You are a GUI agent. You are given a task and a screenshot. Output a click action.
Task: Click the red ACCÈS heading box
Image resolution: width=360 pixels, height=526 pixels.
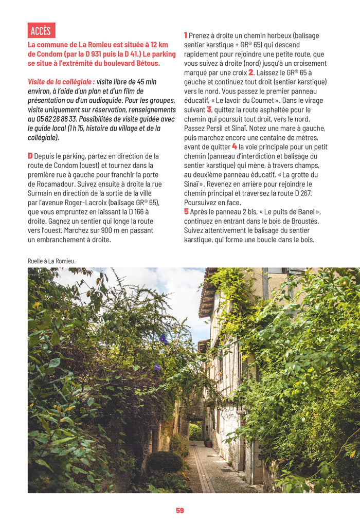(x=41, y=30)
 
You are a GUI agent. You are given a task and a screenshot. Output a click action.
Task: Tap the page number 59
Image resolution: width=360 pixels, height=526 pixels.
(x=180, y=511)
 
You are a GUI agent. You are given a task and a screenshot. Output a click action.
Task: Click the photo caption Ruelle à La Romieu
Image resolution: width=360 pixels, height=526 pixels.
(x=51, y=261)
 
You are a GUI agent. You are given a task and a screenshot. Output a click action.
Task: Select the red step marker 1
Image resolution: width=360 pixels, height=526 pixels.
(x=186, y=35)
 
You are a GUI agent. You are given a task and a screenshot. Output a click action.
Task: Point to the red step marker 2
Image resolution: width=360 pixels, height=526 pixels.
(x=251, y=72)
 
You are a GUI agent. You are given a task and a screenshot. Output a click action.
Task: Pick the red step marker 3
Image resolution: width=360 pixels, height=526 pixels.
(x=209, y=110)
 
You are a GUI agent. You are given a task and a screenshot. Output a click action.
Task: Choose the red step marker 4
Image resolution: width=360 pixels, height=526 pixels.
(x=235, y=147)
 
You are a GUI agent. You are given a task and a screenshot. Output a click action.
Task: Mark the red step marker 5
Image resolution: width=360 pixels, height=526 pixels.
(x=186, y=211)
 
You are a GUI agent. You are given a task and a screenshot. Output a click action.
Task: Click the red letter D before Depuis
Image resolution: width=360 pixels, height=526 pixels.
(x=30, y=156)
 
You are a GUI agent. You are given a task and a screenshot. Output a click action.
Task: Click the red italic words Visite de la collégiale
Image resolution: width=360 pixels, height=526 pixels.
(x=61, y=82)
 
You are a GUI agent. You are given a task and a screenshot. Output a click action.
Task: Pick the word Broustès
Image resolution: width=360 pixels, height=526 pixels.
(x=304, y=221)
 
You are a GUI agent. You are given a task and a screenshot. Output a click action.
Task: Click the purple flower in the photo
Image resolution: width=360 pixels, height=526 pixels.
(x=164, y=339)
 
